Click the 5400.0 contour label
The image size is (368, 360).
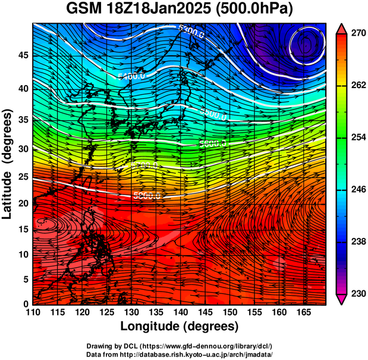coord(131,76)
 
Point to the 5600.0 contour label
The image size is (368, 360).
coord(213,143)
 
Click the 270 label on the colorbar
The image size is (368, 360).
coord(357,34)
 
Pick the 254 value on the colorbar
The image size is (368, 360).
coord(357,137)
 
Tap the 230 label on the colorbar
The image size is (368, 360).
coord(357,293)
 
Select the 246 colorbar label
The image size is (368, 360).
coord(357,190)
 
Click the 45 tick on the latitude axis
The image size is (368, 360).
coord(22,55)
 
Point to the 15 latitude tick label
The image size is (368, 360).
coord(22,229)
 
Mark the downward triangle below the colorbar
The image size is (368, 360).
coord(342,299)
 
